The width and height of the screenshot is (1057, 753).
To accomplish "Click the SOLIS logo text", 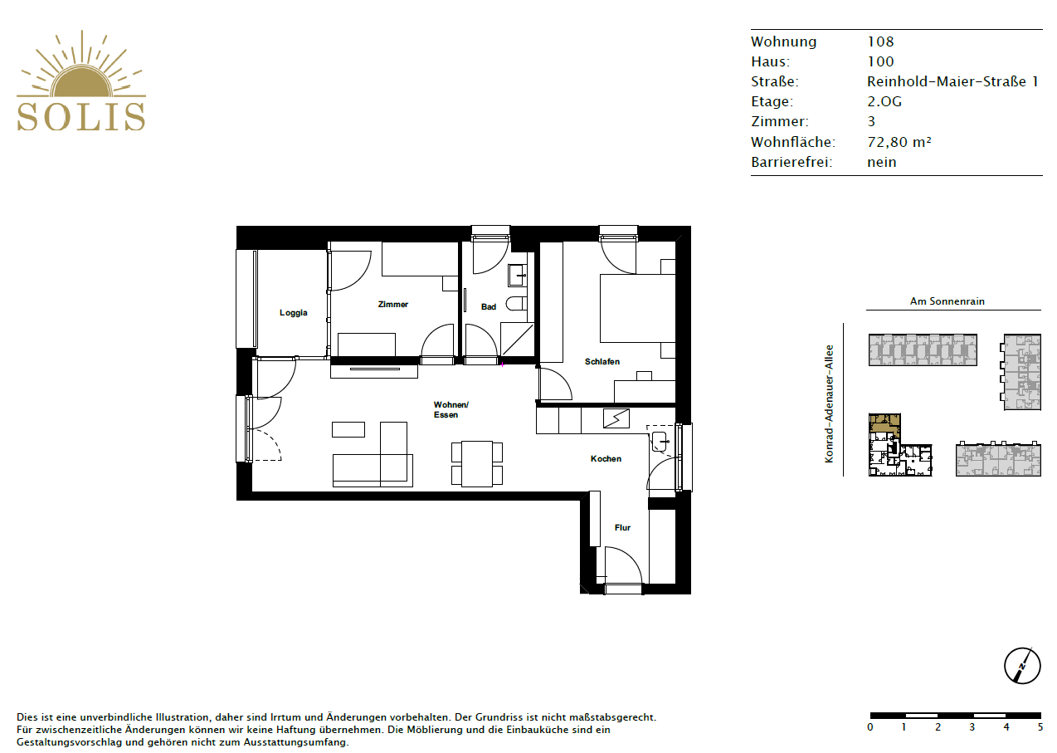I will tap(81, 116).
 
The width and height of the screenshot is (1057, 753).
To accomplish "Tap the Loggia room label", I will tap(293, 313).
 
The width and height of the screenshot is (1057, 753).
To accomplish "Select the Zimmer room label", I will tap(392, 305).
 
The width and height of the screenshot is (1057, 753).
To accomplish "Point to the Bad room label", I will tap(489, 307).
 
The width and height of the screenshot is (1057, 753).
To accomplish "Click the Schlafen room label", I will tap(602, 362).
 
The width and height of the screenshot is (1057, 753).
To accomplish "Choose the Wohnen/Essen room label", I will tap(451, 409).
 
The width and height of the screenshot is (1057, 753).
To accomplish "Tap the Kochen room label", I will tap(606, 459).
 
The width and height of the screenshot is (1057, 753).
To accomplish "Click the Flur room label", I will tap(622, 527).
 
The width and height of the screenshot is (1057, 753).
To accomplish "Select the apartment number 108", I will tap(880, 42).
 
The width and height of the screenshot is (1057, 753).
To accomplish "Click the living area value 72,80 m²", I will tap(899, 142).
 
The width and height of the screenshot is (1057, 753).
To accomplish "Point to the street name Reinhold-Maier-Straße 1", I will tap(952, 81).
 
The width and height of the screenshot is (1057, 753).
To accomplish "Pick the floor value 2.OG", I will tap(884, 102).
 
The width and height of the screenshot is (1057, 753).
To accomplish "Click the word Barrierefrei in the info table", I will tap(791, 162).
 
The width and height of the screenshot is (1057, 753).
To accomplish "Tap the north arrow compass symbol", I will tap(1022, 666).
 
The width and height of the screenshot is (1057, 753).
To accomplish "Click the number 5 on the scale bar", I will tap(1040, 727).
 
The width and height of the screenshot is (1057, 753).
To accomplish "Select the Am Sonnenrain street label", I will tap(947, 301).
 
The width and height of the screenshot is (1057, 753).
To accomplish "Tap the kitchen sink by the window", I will tap(660, 441).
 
